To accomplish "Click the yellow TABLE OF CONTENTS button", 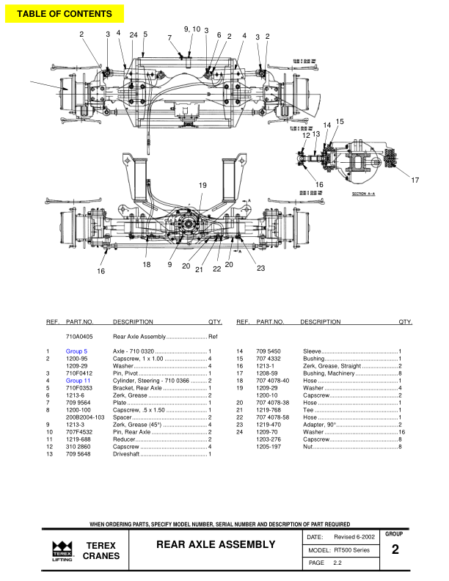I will coord(65,14).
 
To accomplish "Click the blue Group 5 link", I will coord(76,352).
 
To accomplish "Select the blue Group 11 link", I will coord(78,381).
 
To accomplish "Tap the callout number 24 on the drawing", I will coord(134,34).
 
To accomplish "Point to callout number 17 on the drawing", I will coord(415,180).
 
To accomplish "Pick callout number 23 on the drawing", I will coord(260,268).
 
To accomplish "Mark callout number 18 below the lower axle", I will coord(147,264).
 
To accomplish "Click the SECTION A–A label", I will coord(365,194).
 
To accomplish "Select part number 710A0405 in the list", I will coord(79,335).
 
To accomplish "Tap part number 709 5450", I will coord(269,352).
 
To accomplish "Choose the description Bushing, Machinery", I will coord(328,373).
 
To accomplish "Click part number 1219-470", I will coord(269,424).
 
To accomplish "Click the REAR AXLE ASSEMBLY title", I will coord(215,544).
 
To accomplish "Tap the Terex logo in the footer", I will coord(62,550).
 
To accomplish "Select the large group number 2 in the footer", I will coord(395,549).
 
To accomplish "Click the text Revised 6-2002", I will coord(354,538).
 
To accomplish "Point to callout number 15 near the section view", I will coord(340,121).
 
